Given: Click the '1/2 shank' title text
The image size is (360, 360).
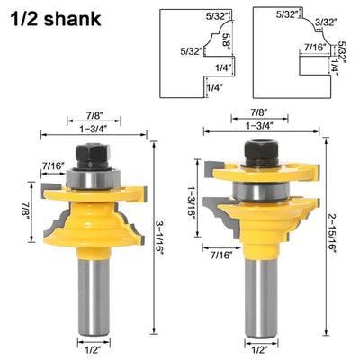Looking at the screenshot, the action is [x=56, y=19].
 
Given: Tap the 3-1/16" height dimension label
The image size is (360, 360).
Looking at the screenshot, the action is [x=160, y=238].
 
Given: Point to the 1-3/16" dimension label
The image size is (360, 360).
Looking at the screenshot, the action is [x=192, y=198].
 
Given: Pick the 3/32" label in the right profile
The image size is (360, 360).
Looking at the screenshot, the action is [x=327, y=22].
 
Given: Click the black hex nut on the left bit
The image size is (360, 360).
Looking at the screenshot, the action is [x=94, y=156].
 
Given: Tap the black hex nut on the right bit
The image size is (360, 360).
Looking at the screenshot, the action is [x=261, y=153].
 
